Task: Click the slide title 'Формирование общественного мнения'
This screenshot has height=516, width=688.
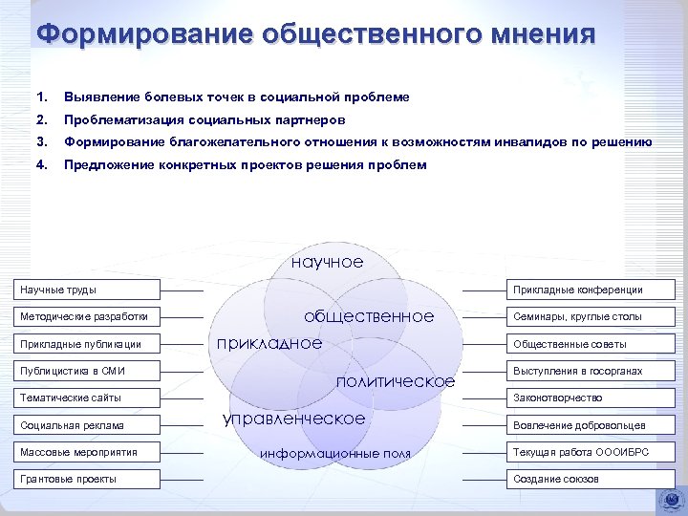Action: [x=315, y=34]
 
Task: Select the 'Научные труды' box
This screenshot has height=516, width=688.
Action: [x=88, y=290]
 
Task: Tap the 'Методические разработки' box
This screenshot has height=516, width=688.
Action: [x=88, y=316]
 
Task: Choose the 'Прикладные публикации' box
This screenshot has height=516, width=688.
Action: [x=88, y=344]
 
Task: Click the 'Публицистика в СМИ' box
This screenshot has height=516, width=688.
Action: [x=88, y=371]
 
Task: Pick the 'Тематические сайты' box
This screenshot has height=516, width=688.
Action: [x=88, y=398]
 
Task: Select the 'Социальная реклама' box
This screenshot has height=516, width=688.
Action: [x=88, y=425]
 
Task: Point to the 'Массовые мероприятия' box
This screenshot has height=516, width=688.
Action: [x=88, y=452]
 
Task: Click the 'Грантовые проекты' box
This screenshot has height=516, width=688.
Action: [x=88, y=479]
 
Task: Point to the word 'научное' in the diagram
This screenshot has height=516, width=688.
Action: [x=327, y=262]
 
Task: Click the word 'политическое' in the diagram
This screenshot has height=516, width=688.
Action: [x=396, y=381]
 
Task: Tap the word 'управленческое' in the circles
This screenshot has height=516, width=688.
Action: [x=293, y=419]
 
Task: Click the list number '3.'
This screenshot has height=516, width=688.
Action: [x=40, y=142]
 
